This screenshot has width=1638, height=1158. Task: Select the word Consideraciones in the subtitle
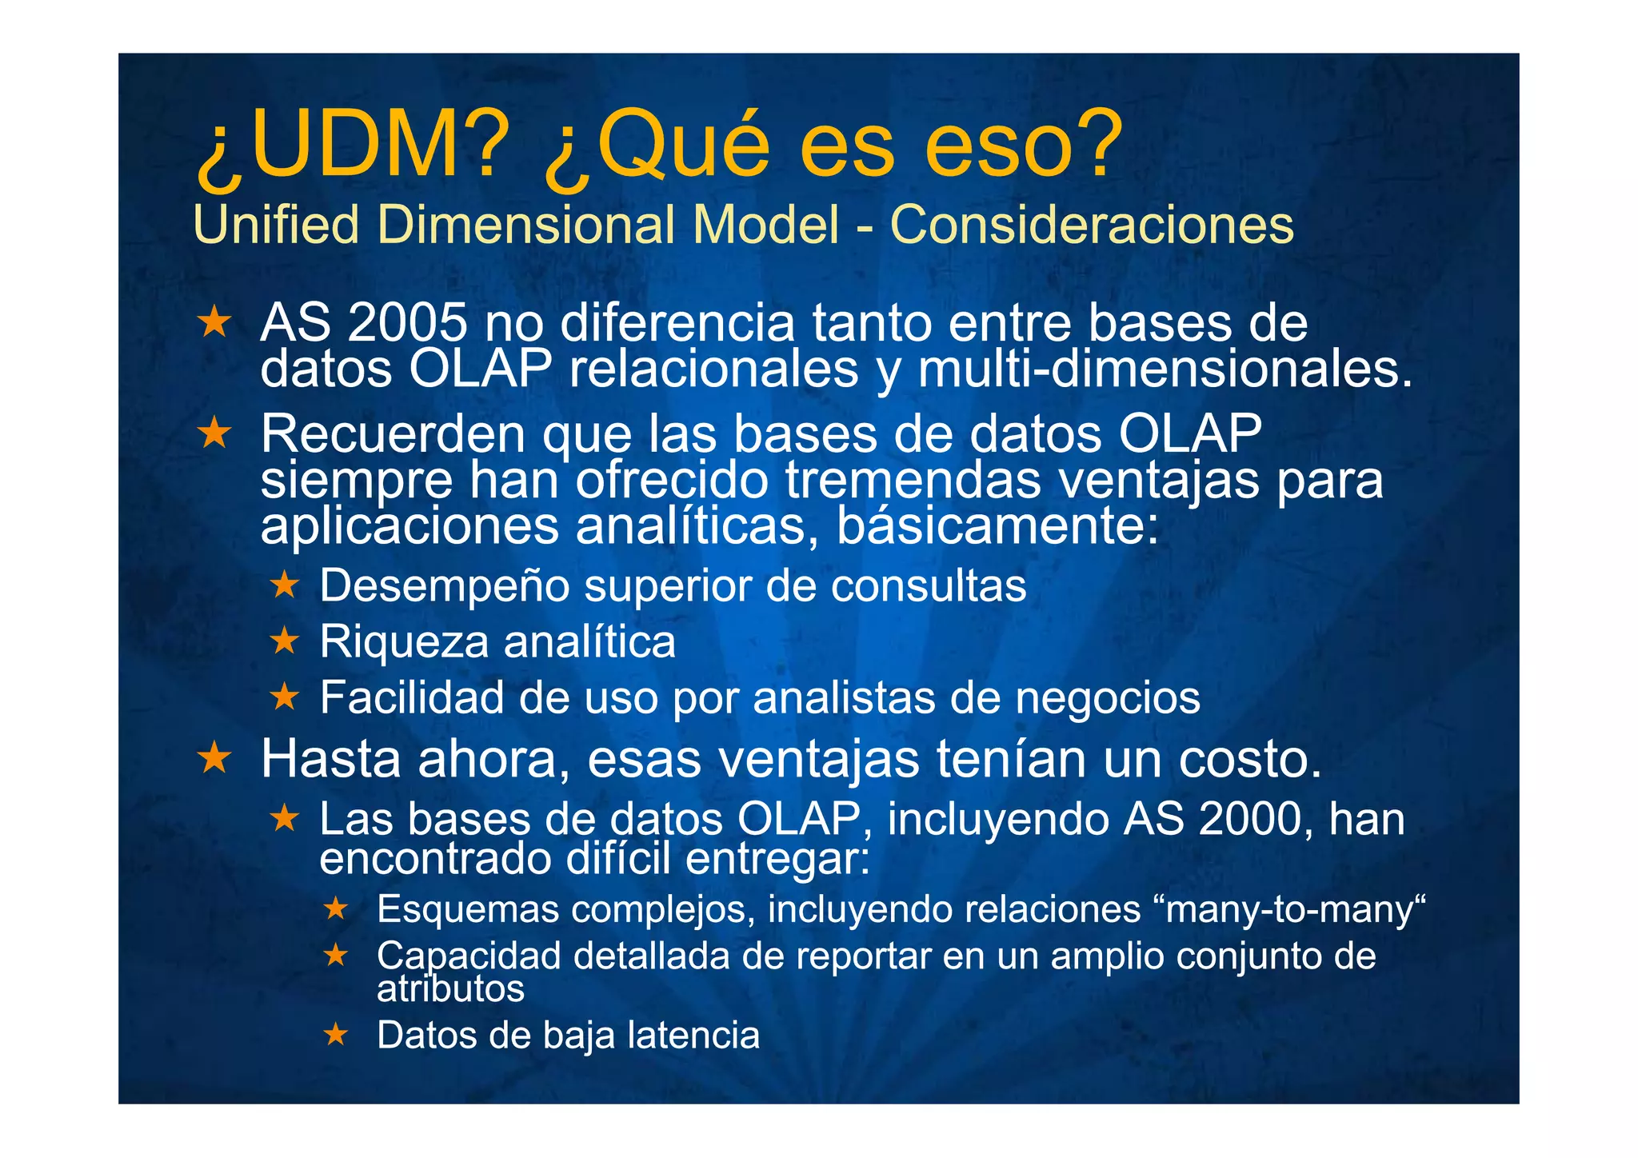pos(1092,225)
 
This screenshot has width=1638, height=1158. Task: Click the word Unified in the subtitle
pos(277,225)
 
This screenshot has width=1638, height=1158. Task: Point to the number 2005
pos(408,323)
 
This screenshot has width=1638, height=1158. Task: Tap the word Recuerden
pos(393,434)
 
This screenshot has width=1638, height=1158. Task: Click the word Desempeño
pos(444,586)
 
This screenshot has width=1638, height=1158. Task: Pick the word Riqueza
pos(403,642)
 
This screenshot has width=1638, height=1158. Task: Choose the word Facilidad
pos(411,697)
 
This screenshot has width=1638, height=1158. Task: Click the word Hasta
pos(332,759)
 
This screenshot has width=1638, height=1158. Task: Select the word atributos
pos(450,989)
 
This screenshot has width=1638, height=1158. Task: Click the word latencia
pos(693,1036)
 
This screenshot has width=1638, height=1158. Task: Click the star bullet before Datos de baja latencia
pos(336,1035)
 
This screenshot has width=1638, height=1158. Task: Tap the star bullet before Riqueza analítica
pos(284,641)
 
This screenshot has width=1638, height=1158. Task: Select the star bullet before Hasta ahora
pos(214,757)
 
